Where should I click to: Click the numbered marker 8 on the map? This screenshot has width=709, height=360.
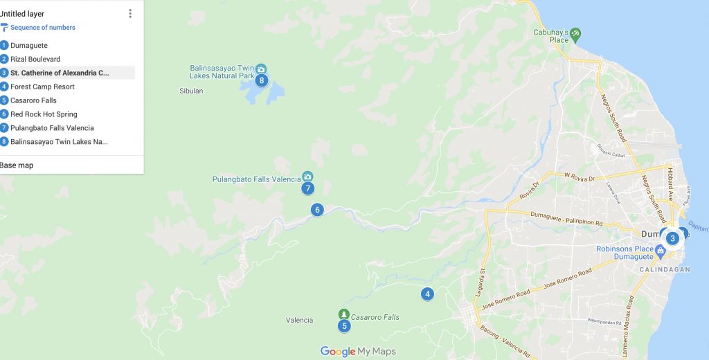tap(261, 80)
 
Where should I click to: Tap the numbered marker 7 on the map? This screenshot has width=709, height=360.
tap(308, 188)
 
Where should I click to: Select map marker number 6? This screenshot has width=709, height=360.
tap(317, 210)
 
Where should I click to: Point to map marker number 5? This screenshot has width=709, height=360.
tap(344, 326)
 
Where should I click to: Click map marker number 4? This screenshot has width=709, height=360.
tap(428, 294)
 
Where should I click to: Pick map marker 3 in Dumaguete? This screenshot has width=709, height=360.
tap(672, 238)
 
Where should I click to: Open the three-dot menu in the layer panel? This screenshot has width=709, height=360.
tap(130, 14)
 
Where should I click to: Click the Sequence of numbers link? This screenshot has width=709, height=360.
tap(42, 28)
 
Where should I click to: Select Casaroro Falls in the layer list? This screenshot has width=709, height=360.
tap(33, 100)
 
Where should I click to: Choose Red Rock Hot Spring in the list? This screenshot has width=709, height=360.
tap(44, 114)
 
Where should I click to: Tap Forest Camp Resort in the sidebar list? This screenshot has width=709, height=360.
tap(42, 87)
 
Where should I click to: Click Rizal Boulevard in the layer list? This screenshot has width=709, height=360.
tap(35, 59)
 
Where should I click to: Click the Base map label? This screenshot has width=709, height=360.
tap(17, 165)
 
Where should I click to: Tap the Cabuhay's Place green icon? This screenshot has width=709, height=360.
tap(575, 33)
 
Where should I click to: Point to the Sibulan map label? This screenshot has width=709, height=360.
tap(191, 91)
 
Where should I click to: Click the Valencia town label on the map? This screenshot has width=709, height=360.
tap(300, 320)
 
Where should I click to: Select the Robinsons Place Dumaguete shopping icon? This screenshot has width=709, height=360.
tap(661, 249)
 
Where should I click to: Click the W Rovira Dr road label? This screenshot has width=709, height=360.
tap(581, 177)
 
